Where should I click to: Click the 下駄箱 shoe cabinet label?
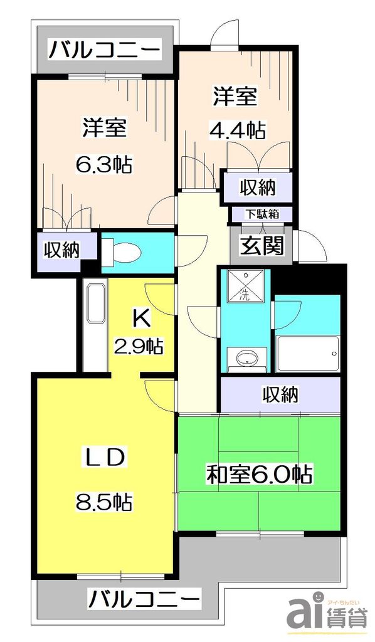tap(261, 213)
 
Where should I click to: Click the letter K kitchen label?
tap(141, 319)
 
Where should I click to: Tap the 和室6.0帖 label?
tap(260, 474)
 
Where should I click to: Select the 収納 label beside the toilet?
tap(61, 250)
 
